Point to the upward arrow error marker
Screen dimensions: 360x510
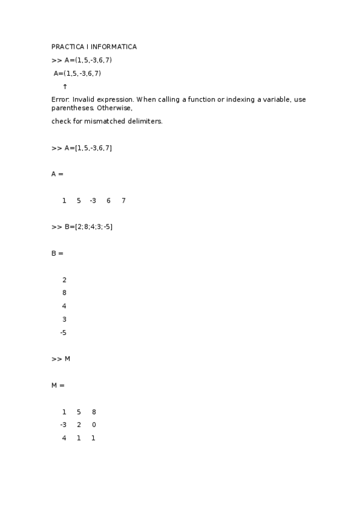tap(65, 87)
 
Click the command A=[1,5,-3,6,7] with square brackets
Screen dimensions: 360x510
tap(88, 148)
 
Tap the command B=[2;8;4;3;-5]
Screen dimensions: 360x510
tap(88, 227)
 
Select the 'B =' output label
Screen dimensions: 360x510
tap(58, 253)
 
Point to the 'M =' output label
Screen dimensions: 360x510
tap(58, 385)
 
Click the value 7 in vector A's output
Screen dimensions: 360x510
tap(123, 200)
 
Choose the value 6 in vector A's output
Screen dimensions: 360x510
tap(109, 200)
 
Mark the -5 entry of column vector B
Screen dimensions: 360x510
tap(63, 333)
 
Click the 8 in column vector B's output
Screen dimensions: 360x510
tap(64, 293)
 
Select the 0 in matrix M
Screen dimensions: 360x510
tap(94, 425)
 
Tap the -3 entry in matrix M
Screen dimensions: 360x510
tap(63, 425)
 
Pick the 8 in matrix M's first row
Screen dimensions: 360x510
tap(94, 412)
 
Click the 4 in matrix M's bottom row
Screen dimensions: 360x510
tap(64, 438)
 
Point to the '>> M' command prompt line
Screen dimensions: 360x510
tap(61, 359)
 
